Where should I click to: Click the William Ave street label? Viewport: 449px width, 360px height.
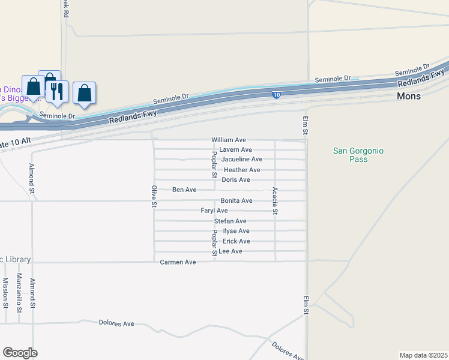point(229,140)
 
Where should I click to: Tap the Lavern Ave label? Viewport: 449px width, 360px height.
point(235,149)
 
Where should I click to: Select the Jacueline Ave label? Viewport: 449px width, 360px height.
point(241,160)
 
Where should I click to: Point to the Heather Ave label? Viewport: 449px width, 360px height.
point(241,170)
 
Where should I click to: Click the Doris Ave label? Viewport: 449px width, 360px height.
point(235,180)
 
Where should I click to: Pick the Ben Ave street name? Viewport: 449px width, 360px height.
point(184,190)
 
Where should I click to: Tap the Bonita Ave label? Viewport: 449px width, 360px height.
point(236,200)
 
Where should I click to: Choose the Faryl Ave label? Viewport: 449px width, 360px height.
point(214,211)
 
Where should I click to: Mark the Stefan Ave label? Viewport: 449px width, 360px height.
point(231,221)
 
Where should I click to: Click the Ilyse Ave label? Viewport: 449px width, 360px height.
point(236,231)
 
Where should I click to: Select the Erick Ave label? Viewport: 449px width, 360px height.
point(236,241)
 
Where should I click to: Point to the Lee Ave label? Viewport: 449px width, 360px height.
point(231,251)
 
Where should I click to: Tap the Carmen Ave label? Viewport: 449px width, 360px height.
point(178,262)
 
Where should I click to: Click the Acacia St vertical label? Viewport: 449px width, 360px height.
point(275,200)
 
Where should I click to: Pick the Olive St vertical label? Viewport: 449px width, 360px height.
point(154,197)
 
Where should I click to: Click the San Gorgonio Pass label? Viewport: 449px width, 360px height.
point(358,155)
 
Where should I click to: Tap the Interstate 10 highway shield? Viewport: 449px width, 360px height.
point(276,95)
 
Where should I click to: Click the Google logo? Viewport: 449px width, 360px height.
point(20,353)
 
